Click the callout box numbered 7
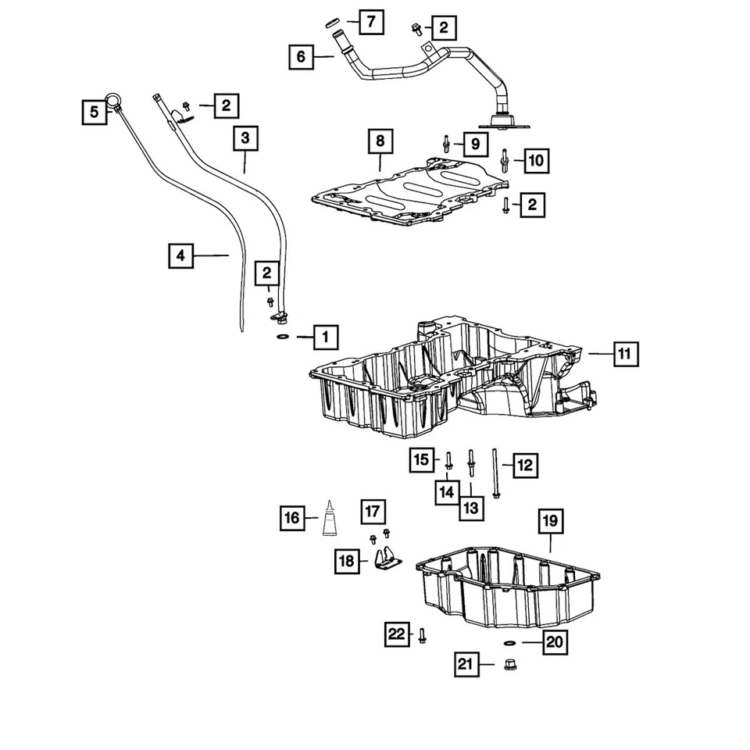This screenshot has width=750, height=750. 371,22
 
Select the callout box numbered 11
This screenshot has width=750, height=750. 626,354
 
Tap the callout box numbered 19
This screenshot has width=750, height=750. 551,521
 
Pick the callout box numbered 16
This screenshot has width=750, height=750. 291,518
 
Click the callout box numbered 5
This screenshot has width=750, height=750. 95,112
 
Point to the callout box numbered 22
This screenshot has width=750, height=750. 397,634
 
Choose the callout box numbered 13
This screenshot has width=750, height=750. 471,508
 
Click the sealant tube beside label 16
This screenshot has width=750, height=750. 329,518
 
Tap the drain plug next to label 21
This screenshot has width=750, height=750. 510,664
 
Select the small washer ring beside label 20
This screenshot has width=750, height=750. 510,642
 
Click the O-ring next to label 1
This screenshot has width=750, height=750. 283,337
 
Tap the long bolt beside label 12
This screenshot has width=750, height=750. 495,473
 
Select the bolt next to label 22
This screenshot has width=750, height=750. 422,636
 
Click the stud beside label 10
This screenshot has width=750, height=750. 504,161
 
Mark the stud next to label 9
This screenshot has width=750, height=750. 446,144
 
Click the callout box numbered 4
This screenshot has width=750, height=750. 180,256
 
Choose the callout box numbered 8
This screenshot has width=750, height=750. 380,141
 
